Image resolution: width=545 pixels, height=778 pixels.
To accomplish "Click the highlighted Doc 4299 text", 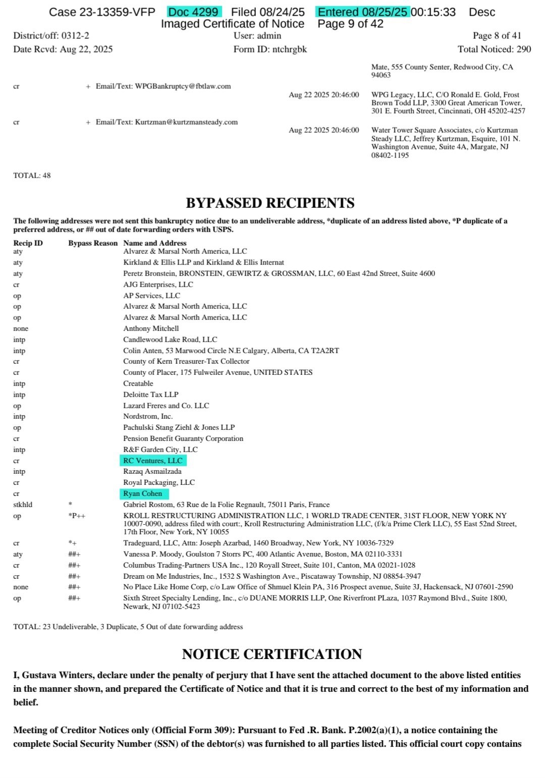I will tap(194, 12).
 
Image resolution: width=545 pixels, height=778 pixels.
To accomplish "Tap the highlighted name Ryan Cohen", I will tap(143, 493).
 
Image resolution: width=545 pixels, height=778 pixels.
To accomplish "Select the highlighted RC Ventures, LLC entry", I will tap(153, 461).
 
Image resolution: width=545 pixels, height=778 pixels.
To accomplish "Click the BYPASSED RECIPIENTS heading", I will tap(270, 203).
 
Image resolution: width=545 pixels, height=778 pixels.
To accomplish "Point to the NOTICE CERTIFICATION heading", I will tap(272, 654).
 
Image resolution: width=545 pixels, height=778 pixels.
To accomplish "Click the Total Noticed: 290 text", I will tap(494, 49).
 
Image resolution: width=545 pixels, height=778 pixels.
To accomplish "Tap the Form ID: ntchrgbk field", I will tap(270, 49).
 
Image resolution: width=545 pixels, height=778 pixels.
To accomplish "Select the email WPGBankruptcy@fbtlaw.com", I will tap(183, 86).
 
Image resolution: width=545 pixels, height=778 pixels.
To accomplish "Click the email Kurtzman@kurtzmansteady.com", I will tap(186, 122).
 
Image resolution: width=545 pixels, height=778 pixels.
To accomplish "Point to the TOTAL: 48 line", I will tap(32, 176).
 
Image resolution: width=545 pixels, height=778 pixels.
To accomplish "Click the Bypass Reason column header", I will tap(93, 243).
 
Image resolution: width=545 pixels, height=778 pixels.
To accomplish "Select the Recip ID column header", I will tap(28, 243).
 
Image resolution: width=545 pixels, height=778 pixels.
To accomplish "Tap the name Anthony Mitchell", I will tap(151, 328).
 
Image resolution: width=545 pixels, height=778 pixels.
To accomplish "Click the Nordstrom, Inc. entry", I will tap(148, 416).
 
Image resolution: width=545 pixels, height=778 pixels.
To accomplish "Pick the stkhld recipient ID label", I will tap(23, 505).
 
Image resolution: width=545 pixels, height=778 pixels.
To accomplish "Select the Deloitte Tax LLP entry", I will tap(151, 395).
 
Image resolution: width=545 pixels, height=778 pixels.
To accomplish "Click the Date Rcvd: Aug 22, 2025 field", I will tap(63, 49).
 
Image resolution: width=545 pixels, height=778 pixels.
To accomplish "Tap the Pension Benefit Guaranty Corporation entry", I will tap(183, 438).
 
